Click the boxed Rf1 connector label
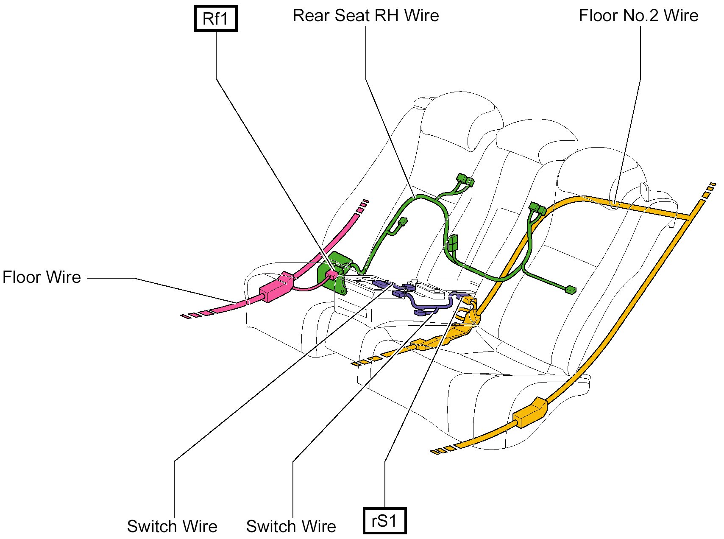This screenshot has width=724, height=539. (215, 19)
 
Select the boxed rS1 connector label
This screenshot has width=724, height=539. (384, 520)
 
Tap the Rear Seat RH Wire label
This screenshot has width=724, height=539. (365, 16)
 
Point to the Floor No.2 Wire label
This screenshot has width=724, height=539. (638, 16)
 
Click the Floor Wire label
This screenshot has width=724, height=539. (42, 277)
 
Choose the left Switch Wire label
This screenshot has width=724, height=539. (172, 526)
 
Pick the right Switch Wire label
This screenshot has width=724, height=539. (291, 526)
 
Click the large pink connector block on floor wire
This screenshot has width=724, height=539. (276, 287)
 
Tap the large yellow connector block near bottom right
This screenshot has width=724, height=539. (530, 413)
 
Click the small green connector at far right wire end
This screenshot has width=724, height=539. (571, 290)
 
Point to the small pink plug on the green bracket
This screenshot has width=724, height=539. (331, 275)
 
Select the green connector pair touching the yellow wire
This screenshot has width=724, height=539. (537, 209)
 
